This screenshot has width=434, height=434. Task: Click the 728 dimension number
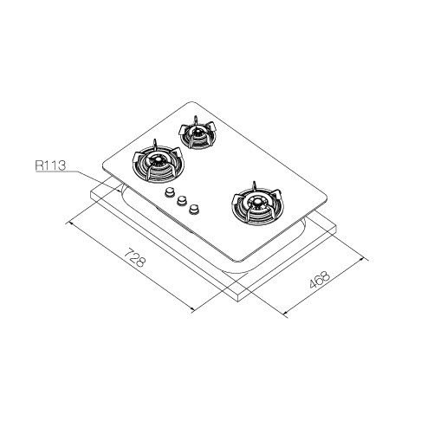134,257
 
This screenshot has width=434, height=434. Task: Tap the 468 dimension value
320,280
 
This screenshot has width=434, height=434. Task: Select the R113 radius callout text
50,165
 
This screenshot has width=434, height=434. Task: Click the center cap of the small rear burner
198,133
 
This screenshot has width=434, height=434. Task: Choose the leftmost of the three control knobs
170,192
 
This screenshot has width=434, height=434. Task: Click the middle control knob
182,200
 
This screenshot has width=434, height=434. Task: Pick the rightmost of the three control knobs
194,209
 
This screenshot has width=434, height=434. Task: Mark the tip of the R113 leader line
120,191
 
